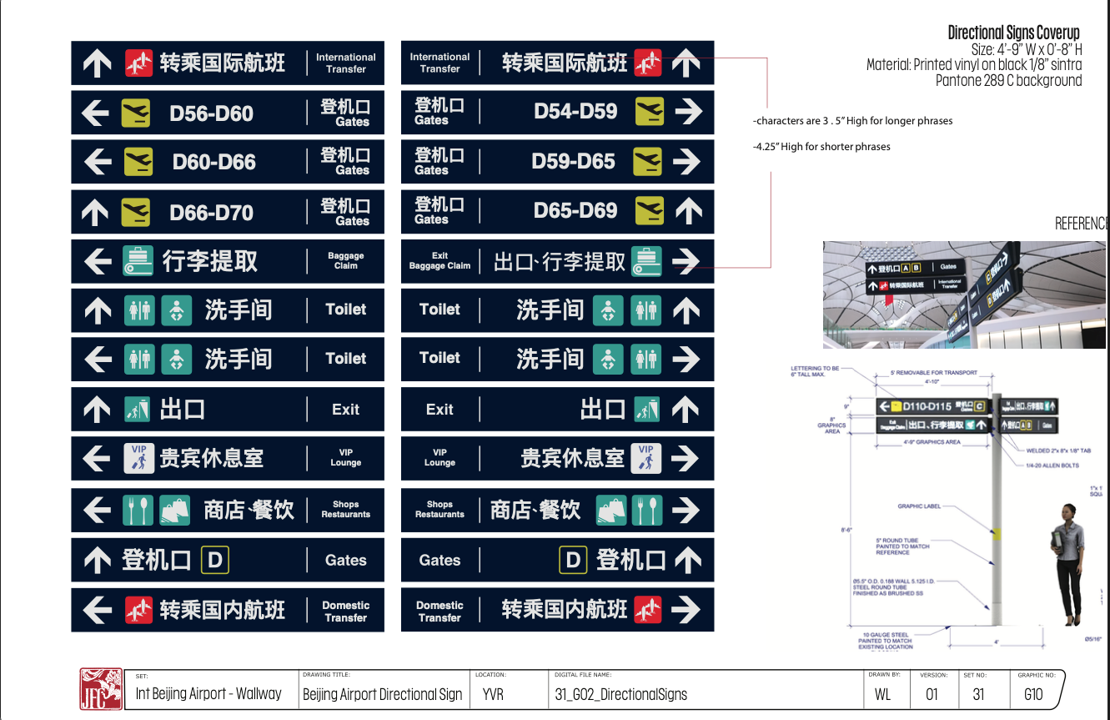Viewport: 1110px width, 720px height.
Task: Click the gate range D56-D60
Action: [211, 113]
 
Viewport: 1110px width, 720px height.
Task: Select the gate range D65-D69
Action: [575, 211]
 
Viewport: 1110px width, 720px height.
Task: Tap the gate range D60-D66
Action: [213, 162]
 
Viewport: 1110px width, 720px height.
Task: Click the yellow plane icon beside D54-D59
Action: [649, 112]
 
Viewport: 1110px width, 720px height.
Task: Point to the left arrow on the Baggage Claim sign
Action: [98, 261]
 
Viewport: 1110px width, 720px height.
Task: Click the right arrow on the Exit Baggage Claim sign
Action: [686, 261]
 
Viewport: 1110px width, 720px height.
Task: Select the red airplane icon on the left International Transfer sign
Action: [139, 63]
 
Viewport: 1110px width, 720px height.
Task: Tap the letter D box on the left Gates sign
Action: [215, 561]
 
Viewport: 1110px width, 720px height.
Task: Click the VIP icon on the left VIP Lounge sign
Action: [138, 458]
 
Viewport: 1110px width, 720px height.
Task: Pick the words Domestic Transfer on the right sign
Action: [439, 612]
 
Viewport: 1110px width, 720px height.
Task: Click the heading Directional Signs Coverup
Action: [1013, 33]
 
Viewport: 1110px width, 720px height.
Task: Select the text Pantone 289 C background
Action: [1008, 81]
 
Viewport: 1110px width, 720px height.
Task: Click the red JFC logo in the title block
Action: [101, 689]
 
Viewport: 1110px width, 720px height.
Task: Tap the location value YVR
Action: [493, 694]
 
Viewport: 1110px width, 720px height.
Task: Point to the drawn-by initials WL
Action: [882, 694]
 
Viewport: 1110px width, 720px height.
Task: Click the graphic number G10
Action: [1032, 694]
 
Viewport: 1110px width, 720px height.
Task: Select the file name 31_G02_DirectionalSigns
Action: [620, 694]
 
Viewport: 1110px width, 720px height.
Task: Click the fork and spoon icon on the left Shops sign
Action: [138, 510]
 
